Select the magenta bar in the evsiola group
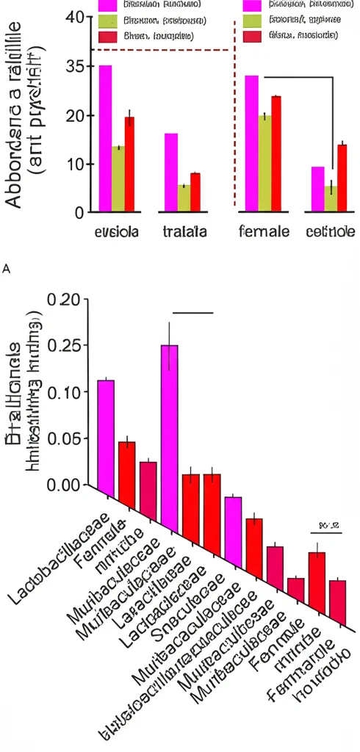click(105, 140)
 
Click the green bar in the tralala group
click(183, 199)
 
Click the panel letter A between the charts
click(7, 270)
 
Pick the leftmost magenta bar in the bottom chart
click(106, 437)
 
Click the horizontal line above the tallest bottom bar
click(192, 312)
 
